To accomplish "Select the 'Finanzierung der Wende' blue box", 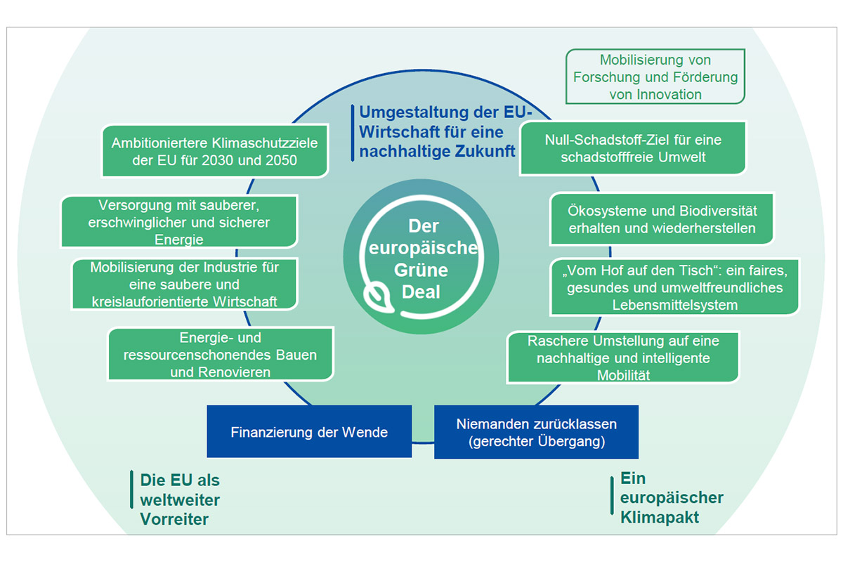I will point(309,431).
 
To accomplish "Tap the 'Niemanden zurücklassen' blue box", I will point(536,432).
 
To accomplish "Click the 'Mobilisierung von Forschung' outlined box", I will point(655,77).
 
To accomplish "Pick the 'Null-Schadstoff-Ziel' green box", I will point(632,148).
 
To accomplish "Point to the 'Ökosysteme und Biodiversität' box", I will point(661,219).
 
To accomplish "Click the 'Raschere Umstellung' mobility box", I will point(622,358).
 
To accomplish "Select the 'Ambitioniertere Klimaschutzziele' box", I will point(214,151).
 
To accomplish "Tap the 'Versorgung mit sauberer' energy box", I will point(178,221).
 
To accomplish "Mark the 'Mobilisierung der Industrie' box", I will point(184,285).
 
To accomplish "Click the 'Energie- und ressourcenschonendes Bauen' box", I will point(220,355).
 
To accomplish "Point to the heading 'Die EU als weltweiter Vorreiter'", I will point(180,499).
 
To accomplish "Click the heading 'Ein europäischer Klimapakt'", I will point(671,498).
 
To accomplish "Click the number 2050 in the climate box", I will point(278,160).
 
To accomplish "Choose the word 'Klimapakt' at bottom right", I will point(660,518).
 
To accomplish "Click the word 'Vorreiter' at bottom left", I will point(174,519).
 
